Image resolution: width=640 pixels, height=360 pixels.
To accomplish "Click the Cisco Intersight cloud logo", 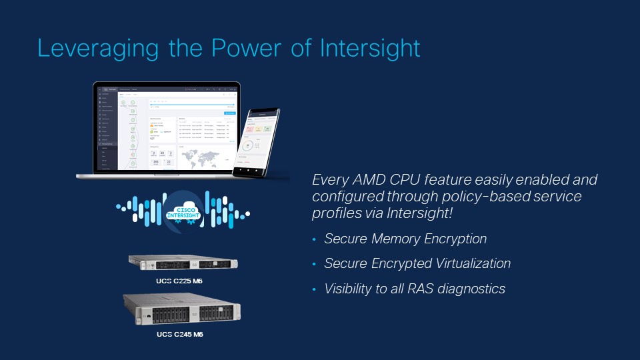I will pyautogui.click(x=183, y=208).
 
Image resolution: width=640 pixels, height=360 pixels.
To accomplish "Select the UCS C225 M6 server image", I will pyautogui.click(x=183, y=263).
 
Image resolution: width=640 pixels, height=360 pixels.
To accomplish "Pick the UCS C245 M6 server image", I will pyautogui.click(x=182, y=310).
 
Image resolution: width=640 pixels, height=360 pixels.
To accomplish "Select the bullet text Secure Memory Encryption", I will pyautogui.click(x=405, y=239).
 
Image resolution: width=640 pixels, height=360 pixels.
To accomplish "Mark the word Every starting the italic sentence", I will pyautogui.click(x=331, y=180).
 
